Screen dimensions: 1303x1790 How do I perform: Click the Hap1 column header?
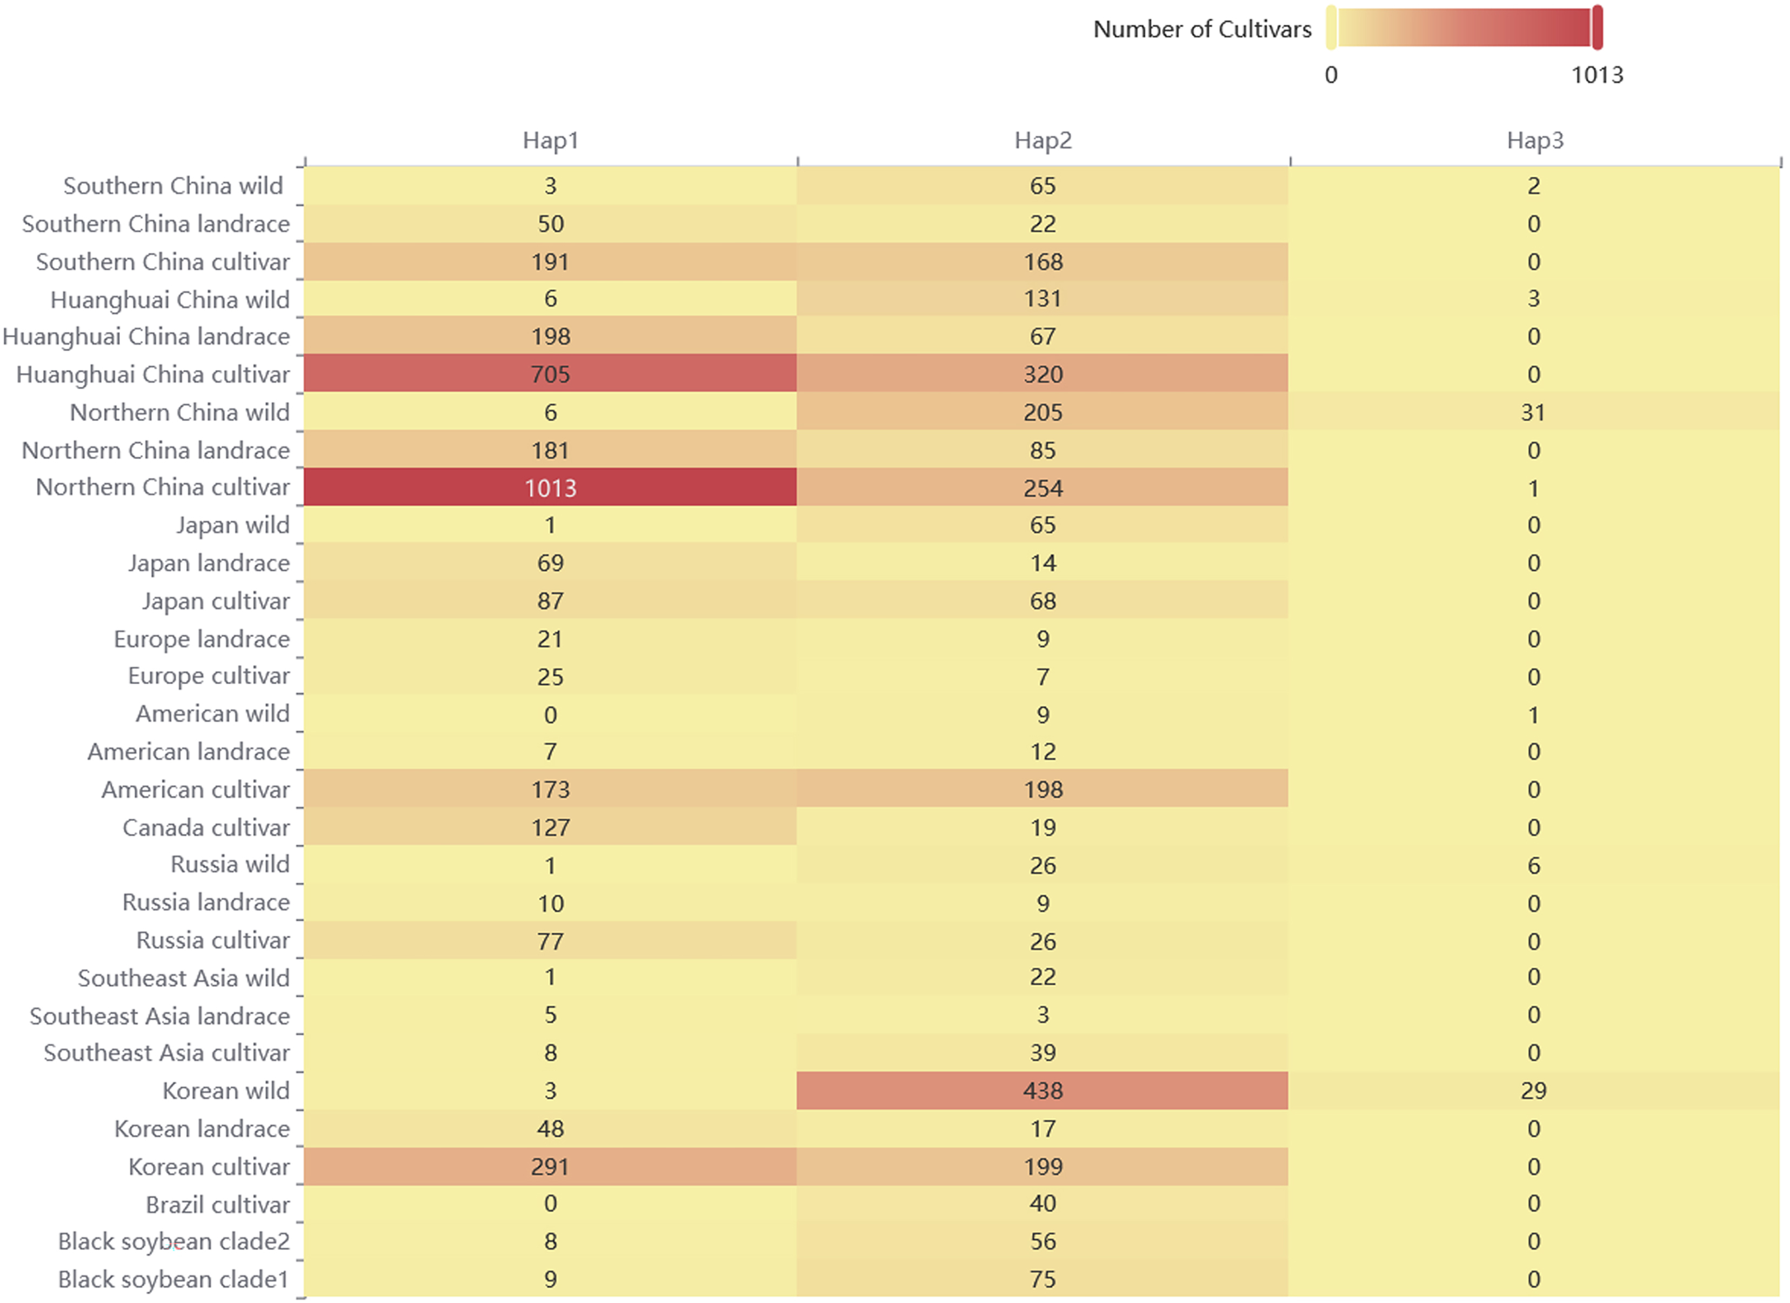pos(550,141)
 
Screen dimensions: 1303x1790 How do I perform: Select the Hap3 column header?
pos(1534,141)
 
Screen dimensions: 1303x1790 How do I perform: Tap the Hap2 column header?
pos(1043,141)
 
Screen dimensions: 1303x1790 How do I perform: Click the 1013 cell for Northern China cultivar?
pos(550,487)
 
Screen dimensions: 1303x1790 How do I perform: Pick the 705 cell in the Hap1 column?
pos(550,374)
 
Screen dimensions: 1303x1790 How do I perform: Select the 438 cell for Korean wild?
pos(1043,1091)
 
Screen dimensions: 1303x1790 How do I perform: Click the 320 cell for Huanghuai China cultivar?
pos(1043,374)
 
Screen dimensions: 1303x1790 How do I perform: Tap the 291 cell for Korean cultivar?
pos(550,1166)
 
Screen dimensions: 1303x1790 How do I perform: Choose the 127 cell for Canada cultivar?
pos(550,827)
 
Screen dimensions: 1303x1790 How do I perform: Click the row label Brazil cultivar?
pos(218,1204)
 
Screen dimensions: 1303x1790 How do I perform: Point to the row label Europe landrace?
pos(202,638)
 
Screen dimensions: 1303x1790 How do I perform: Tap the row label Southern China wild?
pos(173,185)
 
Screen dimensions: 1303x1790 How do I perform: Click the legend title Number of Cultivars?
pos(1201,29)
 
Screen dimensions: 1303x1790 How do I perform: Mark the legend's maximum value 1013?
pos(1597,75)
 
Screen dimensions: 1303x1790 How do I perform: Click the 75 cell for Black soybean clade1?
pos(1043,1279)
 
